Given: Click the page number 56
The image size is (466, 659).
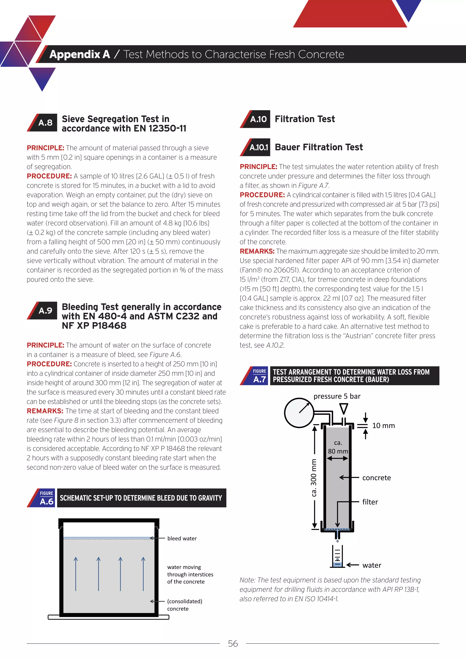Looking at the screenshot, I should point(233,644).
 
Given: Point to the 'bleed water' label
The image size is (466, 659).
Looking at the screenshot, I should point(182,538).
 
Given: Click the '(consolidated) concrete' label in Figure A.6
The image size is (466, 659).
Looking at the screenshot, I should point(184,605).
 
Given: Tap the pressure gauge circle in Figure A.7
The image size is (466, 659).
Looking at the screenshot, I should point(299,413).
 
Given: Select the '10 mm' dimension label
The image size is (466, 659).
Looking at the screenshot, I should point(383,426).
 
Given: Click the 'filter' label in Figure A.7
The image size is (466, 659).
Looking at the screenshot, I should point(370,502).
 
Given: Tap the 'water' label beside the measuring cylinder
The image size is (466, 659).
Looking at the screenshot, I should point(372,565).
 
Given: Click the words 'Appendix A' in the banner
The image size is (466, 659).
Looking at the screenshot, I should point(79,54).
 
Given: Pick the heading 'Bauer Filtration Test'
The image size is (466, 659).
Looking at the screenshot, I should point(319,147).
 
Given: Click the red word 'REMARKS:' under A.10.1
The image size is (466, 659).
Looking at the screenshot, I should point(257,251).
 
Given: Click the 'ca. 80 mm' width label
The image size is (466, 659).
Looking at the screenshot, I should point(338,447).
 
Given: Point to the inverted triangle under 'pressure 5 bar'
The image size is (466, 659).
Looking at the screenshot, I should point(344,408).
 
